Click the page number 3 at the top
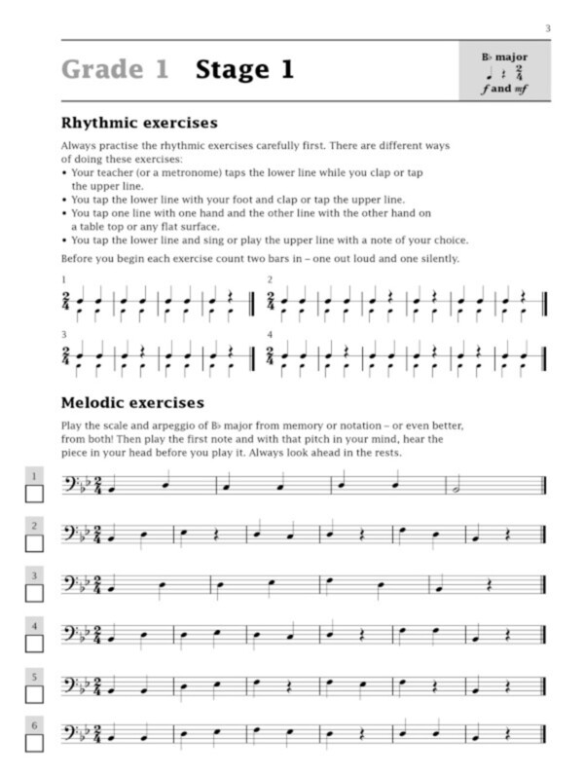pyautogui.click(x=547, y=29)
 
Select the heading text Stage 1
pyautogui.click(x=244, y=70)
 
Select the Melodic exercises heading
pyautogui.click(x=132, y=402)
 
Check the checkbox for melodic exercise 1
pyautogui.click(x=34, y=494)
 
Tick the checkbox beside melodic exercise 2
pyautogui.click(x=34, y=544)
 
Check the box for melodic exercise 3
pyautogui.click(x=34, y=595)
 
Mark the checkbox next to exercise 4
pyautogui.click(x=34, y=645)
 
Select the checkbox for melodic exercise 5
pyautogui.click(x=34, y=695)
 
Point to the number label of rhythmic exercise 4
pyautogui.click(x=270, y=334)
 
